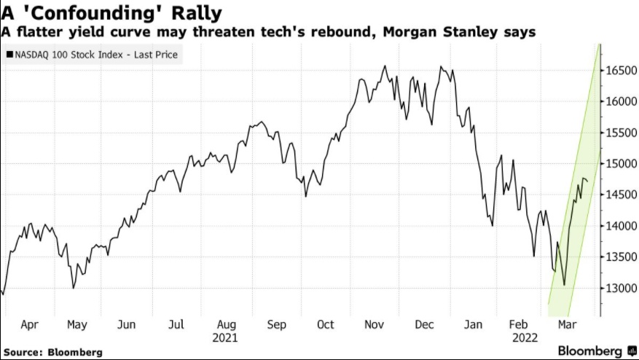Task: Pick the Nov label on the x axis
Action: point(375,325)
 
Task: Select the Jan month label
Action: point(474,325)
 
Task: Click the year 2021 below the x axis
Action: point(225,338)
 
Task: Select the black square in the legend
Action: point(8,54)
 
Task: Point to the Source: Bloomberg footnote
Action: point(52,352)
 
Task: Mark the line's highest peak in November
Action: point(385,66)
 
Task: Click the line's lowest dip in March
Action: point(565,285)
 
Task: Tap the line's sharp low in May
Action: point(73,288)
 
